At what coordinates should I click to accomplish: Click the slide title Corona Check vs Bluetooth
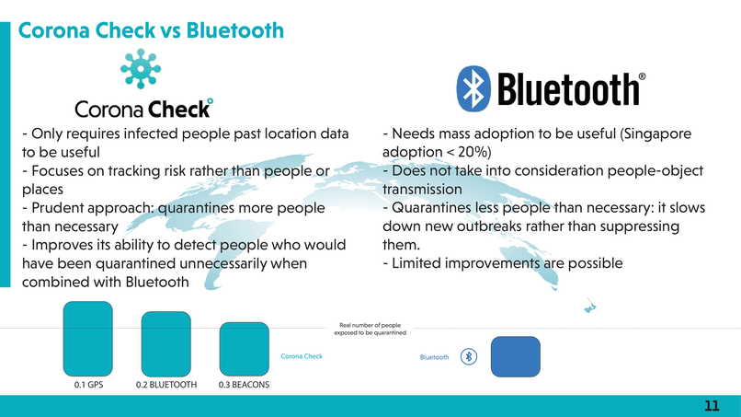pyautogui.click(x=151, y=30)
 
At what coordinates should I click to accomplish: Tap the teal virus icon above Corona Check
pyautogui.click(x=141, y=69)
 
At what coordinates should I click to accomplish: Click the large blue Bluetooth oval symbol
pyautogui.click(x=473, y=88)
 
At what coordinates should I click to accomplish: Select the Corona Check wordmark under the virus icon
pyautogui.click(x=143, y=109)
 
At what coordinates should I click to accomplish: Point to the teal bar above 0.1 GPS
pyautogui.click(x=88, y=339)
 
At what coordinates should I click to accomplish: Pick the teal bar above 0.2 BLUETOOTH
pyautogui.click(x=165, y=343)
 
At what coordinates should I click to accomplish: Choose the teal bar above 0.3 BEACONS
pyautogui.click(x=245, y=349)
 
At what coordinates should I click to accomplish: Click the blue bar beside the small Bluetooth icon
pyautogui.click(x=516, y=356)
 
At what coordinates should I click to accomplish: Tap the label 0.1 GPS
pyautogui.click(x=88, y=385)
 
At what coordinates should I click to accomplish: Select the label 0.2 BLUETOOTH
pyautogui.click(x=166, y=385)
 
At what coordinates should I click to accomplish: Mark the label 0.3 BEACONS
pyautogui.click(x=244, y=385)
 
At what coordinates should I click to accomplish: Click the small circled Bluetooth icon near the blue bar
pyautogui.click(x=469, y=356)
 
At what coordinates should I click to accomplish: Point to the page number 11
pyautogui.click(x=712, y=406)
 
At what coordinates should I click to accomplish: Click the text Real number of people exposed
pyautogui.click(x=370, y=329)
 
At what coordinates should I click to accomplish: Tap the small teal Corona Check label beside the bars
pyautogui.click(x=302, y=356)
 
